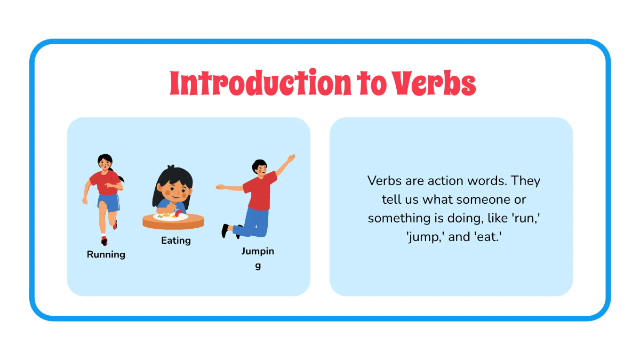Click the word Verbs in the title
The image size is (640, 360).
[x=433, y=84]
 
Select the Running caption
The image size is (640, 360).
[x=106, y=254]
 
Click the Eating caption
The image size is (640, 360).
[x=176, y=241]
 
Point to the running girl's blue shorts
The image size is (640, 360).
[x=109, y=203]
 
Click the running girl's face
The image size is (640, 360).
[x=105, y=164]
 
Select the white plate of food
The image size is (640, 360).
[x=170, y=217]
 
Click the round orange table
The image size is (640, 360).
[x=173, y=222]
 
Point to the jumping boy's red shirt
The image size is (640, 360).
[x=259, y=191]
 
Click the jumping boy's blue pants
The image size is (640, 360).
[x=255, y=221]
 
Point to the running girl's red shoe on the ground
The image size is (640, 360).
[x=104, y=242]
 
